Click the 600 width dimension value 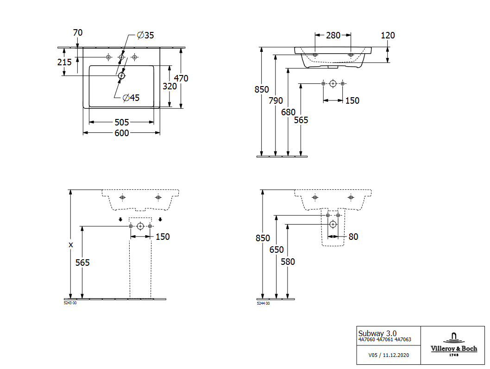pos(121,133)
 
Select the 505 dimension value pos(121,122)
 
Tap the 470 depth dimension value pos(181,78)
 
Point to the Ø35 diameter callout pos(145,35)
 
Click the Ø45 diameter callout pos(131,97)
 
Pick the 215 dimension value pos(64,62)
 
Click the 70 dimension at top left pos(78,32)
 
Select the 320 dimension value pos(170,86)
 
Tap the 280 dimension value pos(333,35)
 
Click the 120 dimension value pos(388,35)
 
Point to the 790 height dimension pos(276,100)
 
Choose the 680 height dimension pos(288,112)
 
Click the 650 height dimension pos(276,250)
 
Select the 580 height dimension pos(288,262)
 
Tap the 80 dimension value pos(353,237)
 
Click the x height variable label pos(71,244)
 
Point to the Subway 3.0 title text pos(377,333)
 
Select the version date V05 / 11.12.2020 pos(388,355)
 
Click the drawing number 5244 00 pos(263,303)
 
